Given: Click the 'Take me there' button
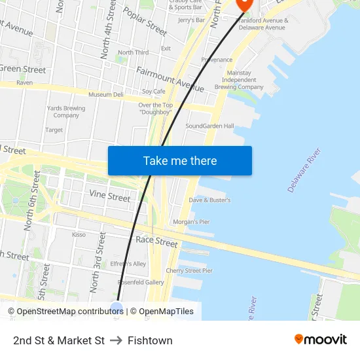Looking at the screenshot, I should coord(180,161).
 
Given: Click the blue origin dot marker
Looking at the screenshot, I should coord(117,308).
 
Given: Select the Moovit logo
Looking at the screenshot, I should coord(320,339).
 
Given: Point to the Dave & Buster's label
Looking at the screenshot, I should coord(209,200).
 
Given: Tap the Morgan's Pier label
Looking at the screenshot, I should coord(191,222).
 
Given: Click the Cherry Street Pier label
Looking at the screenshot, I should coord(189,270).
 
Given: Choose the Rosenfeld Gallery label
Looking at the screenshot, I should coord(140,282).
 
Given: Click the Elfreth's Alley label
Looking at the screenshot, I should coord(128,264).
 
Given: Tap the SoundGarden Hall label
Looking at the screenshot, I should coord(209,126).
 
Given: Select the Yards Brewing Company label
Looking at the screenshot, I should coord(66,112).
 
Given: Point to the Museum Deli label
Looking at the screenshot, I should coord(106,94).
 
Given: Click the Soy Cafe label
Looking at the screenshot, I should coord(154,92).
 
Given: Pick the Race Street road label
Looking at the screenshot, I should coord(156,242).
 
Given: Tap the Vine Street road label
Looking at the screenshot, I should coord(109,196).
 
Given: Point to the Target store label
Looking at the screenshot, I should coord(54,130).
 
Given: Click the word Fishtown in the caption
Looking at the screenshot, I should coord(150,340).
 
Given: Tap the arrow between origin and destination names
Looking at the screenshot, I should coord(116,340).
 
